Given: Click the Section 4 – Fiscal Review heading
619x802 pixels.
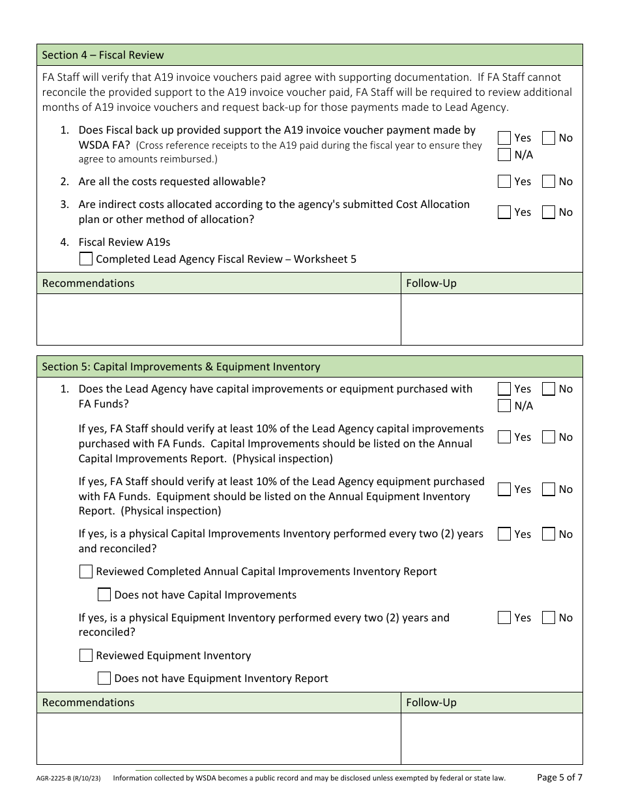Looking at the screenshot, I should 103,55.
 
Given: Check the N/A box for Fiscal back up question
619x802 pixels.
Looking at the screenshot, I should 504,155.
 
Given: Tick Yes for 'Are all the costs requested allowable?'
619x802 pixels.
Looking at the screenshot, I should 504,181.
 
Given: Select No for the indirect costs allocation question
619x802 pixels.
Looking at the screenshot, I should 549,212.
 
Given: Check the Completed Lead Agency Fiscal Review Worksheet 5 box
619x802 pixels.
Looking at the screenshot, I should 86,259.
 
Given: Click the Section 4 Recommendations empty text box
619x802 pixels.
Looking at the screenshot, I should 218,319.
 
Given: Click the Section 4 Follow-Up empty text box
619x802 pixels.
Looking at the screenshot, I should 491,319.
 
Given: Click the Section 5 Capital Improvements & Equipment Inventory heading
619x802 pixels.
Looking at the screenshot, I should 181,366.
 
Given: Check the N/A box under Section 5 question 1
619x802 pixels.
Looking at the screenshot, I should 504,406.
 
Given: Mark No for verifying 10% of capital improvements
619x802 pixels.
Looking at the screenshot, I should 549,437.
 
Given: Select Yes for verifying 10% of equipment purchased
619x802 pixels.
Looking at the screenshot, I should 504,489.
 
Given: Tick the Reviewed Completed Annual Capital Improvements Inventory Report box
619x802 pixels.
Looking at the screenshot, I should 86,571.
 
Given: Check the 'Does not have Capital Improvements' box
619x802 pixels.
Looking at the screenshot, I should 104,595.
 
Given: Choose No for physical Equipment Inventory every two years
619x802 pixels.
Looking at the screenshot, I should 549,617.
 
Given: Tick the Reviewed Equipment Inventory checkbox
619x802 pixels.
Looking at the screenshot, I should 86,655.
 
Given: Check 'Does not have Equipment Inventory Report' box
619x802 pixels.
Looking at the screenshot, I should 104,678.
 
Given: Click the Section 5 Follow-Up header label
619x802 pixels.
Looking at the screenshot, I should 431,702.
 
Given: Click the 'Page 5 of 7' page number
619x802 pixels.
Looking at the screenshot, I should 559,777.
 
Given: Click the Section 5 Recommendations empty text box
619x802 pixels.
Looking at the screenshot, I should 218,738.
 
